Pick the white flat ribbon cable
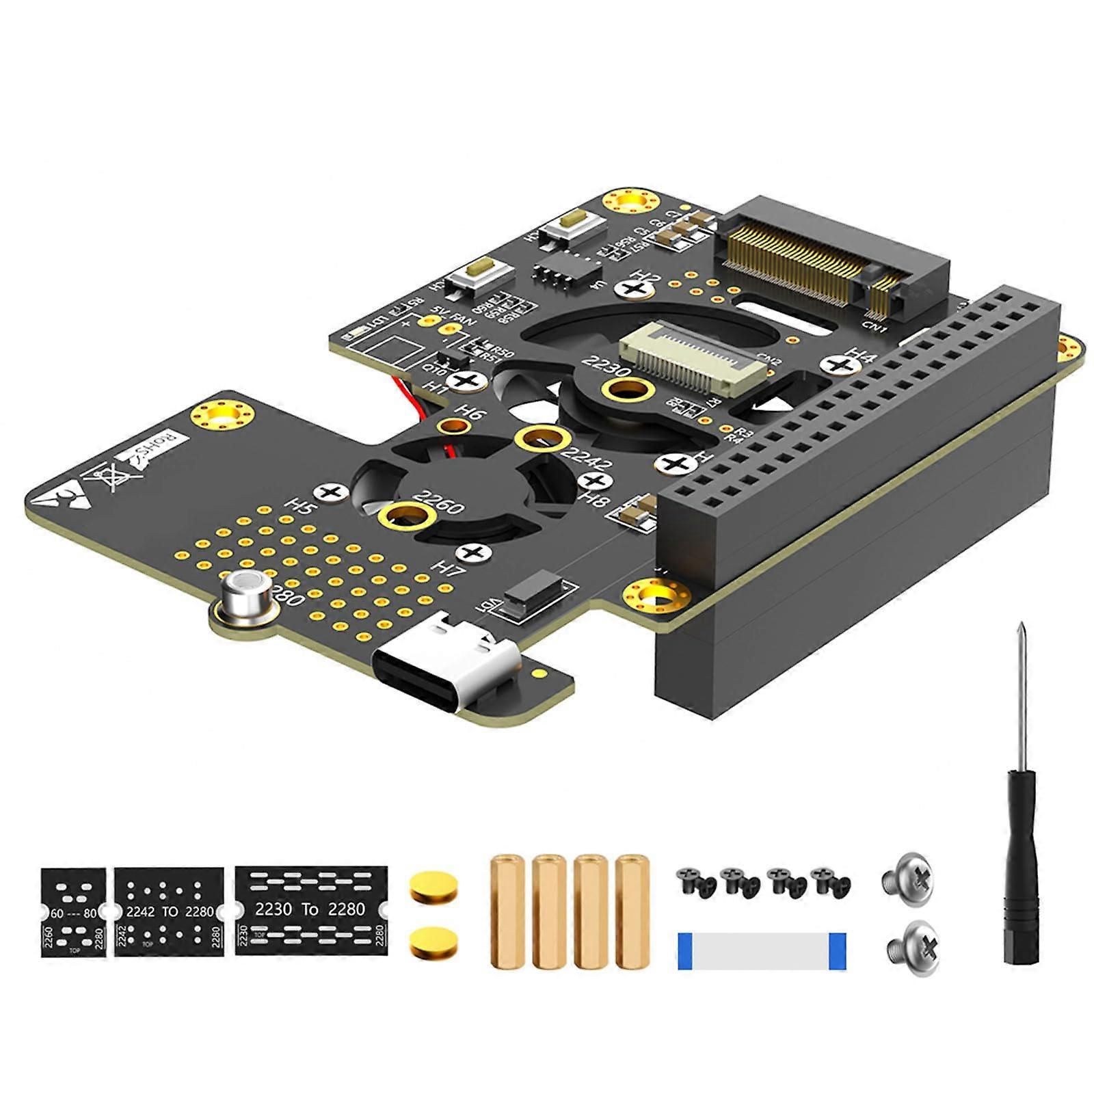[762, 951]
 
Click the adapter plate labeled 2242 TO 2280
[169, 911]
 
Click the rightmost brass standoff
[632, 911]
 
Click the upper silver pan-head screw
[908, 880]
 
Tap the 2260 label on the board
[441, 503]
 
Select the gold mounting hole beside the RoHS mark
[223, 415]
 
